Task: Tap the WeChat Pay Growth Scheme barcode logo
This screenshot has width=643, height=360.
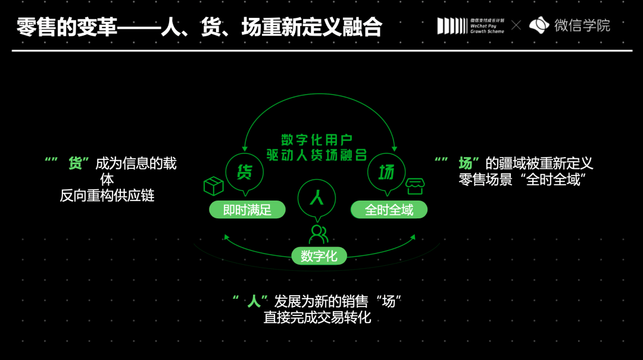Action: (x=470, y=26)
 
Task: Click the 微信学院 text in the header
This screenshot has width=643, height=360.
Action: (x=582, y=26)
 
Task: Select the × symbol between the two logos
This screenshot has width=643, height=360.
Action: (x=516, y=26)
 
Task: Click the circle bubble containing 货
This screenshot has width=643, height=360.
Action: (x=244, y=172)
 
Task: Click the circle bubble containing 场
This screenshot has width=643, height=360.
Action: (x=386, y=173)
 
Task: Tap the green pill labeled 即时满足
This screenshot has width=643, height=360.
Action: (x=246, y=209)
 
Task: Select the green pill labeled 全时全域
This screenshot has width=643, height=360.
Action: (x=388, y=209)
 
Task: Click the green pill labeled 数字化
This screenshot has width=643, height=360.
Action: (x=319, y=256)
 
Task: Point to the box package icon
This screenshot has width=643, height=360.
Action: (x=213, y=186)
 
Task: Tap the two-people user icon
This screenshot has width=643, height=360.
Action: (x=319, y=234)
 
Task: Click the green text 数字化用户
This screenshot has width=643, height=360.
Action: (x=319, y=140)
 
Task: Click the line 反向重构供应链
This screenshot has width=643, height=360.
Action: (x=107, y=195)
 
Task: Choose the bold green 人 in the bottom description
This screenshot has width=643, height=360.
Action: (x=254, y=301)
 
